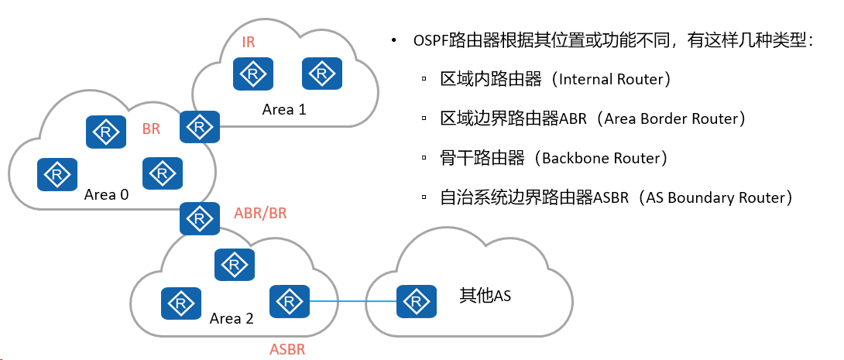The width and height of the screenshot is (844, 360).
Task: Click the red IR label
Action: tap(248, 43)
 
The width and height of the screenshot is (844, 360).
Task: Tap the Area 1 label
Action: tap(284, 109)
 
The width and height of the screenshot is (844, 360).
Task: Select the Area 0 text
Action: tap(107, 194)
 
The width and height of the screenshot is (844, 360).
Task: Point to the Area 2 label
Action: tap(232, 318)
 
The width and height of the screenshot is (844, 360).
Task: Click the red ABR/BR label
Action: tap(260, 213)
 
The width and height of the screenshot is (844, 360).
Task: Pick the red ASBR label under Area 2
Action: tap(287, 349)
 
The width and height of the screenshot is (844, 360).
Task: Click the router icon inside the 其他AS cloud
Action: tap(416, 301)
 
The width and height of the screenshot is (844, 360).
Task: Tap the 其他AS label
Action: tap(485, 295)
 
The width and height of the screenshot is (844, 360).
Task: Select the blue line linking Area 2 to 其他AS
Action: tap(353, 301)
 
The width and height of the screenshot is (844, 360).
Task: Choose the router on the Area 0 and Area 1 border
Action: tap(200, 127)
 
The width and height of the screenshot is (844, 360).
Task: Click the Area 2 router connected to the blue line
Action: tap(290, 301)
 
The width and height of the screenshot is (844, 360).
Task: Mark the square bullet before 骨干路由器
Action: tap(424, 158)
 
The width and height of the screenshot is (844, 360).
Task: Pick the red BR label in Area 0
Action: tap(151, 130)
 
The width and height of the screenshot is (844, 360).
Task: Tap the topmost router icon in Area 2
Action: tap(235, 264)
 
